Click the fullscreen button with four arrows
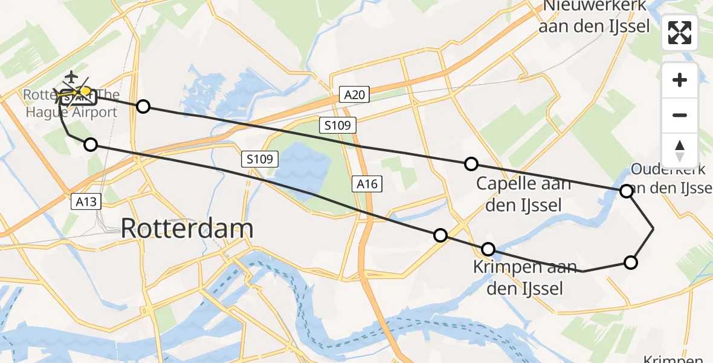[x=680, y=33]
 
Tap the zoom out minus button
[x=680, y=115]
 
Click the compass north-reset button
[x=680, y=150]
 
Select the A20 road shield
[x=354, y=94]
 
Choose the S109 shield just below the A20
[x=338, y=126]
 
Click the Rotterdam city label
[x=187, y=229]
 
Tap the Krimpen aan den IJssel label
[x=525, y=278]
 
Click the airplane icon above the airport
[x=71, y=77]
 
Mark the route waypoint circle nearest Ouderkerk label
[x=627, y=191]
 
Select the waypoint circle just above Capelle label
[x=471, y=164]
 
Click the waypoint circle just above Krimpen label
[x=488, y=249]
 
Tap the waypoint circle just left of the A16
[x=440, y=235]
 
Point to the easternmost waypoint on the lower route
[x=630, y=262]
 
